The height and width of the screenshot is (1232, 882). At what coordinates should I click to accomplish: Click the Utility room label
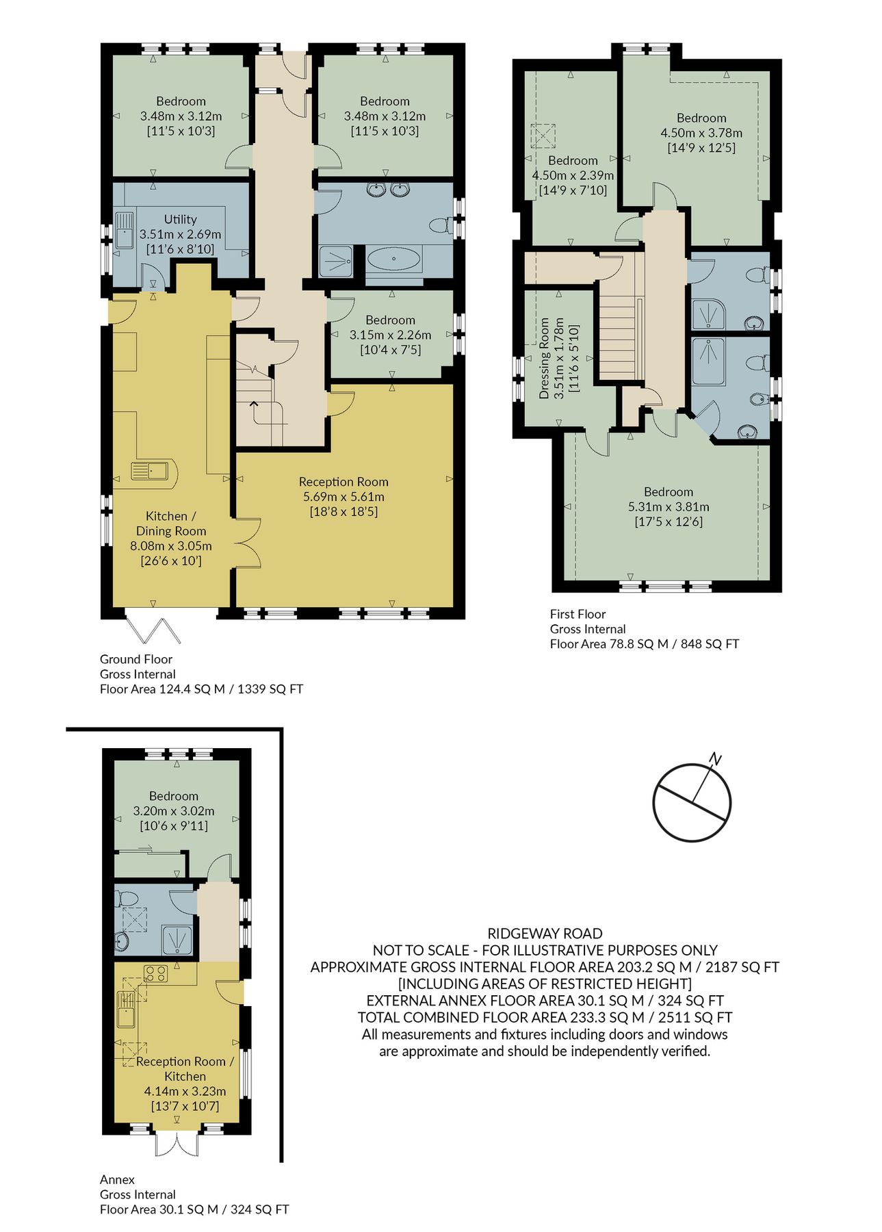pyautogui.click(x=180, y=219)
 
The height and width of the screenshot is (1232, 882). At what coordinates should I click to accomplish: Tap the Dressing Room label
pyautogui.click(x=544, y=358)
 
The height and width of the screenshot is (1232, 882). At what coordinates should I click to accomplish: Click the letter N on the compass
pyautogui.click(x=715, y=758)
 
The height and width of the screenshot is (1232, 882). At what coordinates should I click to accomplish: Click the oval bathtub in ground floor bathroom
pyautogui.click(x=394, y=259)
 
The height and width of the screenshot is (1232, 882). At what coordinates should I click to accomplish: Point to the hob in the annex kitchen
pyautogui.click(x=156, y=973)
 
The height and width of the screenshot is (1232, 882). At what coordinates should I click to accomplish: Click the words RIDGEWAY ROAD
pyautogui.click(x=545, y=933)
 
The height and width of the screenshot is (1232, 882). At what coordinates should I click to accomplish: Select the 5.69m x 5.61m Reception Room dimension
pyautogui.click(x=343, y=497)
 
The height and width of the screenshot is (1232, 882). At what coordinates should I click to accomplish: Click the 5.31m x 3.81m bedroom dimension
pyautogui.click(x=668, y=506)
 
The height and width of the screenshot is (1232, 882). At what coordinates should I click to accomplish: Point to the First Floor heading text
pyautogui.click(x=578, y=614)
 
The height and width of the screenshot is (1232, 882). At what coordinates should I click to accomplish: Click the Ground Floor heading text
pyautogui.click(x=135, y=659)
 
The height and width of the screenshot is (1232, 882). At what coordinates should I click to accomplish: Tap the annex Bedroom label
pyautogui.click(x=174, y=796)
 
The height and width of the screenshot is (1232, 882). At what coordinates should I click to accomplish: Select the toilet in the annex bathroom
pyautogui.click(x=127, y=898)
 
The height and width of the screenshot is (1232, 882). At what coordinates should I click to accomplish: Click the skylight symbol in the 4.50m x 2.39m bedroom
pyautogui.click(x=544, y=135)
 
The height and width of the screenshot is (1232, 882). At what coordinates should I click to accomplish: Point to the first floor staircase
pyautogui.click(x=620, y=335)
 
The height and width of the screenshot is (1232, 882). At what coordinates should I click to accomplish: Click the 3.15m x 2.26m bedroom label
pyautogui.click(x=390, y=320)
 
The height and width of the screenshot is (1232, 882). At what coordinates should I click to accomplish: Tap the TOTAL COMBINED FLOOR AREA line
pyautogui.click(x=545, y=1017)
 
